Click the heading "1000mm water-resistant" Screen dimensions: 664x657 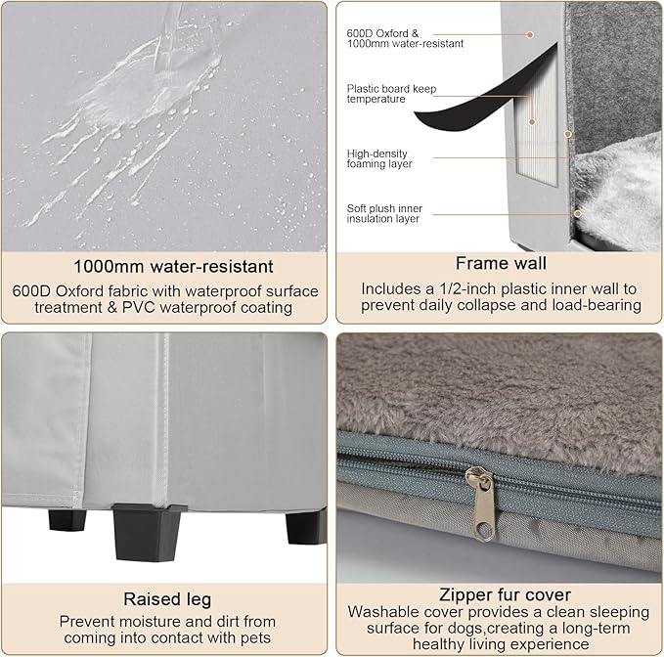[x=173, y=267]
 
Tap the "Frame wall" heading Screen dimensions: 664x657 [x=501, y=263]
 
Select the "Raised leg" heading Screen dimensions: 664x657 [x=167, y=599]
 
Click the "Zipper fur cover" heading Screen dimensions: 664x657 [x=505, y=594]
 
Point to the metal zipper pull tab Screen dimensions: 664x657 [x=483, y=503]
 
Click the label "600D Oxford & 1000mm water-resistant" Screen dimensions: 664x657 [x=405, y=38]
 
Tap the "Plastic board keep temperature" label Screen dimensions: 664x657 [x=391, y=94]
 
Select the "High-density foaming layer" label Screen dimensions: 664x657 [x=379, y=158]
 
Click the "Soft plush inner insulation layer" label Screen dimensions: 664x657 [x=384, y=213]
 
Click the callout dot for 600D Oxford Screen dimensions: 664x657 [x=530, y=35]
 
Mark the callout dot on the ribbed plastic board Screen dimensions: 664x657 [x=532, y=122]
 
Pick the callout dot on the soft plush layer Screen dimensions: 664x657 [x=578, y=213]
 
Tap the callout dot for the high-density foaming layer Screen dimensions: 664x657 [x=568, y=134]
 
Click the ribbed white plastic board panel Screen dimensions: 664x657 [x=537, y=127]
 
